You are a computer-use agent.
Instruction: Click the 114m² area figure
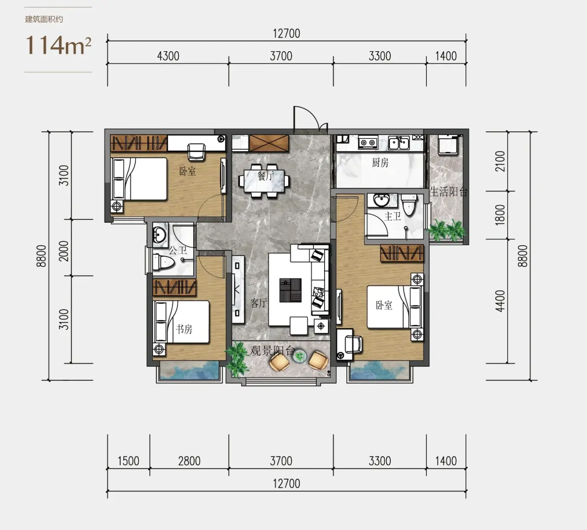(x=59, y=45)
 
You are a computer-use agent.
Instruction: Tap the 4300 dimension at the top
(x=168, y=56)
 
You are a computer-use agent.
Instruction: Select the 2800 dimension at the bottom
(x=189, y=461)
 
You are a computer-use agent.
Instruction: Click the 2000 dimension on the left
(x=64, y=251)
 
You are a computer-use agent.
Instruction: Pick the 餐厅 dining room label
(x=265, y=176)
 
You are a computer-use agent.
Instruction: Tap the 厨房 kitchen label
(x=380, y=162)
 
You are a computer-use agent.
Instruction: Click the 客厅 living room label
(x=259, y=303)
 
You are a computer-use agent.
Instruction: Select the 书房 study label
(x=184, y=329)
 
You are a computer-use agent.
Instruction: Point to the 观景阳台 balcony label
(x=272, y=351)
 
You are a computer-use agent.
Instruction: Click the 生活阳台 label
(x=448, y=192)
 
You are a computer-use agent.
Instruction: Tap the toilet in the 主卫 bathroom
(x=409, y=205)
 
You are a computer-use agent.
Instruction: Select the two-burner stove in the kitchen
(x=368, y=143)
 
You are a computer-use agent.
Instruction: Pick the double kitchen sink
(x=399, y=143)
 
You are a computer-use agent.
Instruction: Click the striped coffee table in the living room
(x=290, y=290)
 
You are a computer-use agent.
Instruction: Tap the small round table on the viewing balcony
(x=299, y=356)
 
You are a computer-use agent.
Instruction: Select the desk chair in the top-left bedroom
(x=197, y=152)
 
